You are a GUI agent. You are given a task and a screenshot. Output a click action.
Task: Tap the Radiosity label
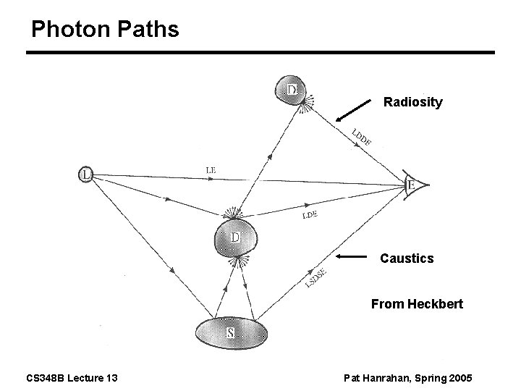(412, 102)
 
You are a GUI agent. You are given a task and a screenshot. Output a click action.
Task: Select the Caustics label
(407, 258)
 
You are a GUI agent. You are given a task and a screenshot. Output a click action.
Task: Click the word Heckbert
(438, 304)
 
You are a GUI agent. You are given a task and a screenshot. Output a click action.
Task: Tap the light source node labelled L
(86, 174)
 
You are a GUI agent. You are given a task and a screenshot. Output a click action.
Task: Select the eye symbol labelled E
(415, 185)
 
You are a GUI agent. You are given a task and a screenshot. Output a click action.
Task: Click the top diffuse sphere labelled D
(291, 90)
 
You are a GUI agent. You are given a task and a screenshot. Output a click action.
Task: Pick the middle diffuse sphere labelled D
(234, 238)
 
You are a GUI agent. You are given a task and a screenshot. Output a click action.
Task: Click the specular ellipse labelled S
(231, 332)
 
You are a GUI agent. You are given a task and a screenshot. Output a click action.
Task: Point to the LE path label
(210, 170)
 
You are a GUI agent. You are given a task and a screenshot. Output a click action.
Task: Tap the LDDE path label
(362, 137)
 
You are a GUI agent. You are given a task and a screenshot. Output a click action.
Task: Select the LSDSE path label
(315, 278)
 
